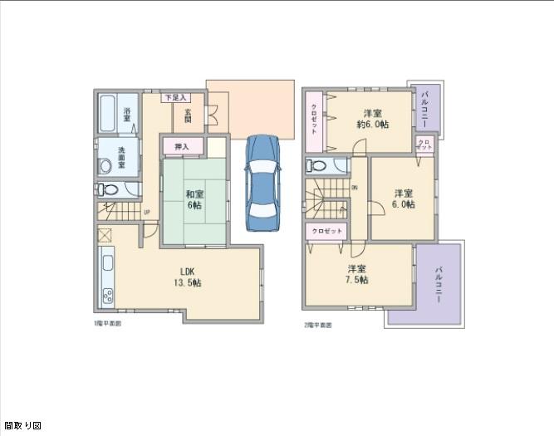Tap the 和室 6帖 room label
click(194, 198)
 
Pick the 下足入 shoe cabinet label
click(173, 97)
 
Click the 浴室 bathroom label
click(128, 115)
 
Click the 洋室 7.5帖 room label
click(357, 274)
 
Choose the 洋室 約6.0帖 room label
click(374, 118)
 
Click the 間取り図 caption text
click(22, 426)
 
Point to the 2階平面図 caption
click(317, 325)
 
